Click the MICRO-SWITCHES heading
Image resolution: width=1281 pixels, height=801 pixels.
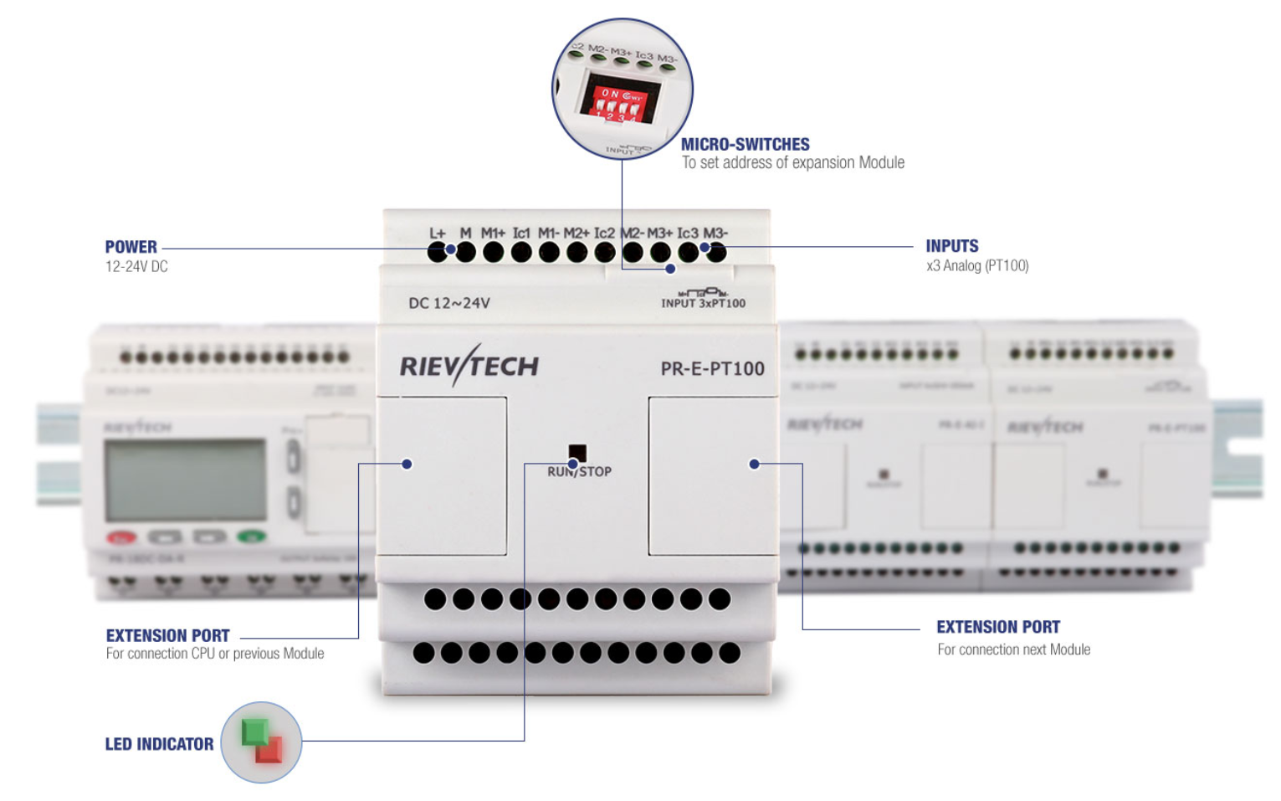point(745,145)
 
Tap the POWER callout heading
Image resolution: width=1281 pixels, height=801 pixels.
point(131,247)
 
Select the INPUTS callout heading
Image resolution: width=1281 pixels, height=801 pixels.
point(951,246)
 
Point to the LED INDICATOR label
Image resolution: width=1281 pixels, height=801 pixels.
point(159,744)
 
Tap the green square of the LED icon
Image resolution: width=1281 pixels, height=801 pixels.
point(254,731)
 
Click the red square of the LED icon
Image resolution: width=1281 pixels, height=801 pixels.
point(269,749)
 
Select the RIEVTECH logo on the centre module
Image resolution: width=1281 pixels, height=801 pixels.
point(469,366)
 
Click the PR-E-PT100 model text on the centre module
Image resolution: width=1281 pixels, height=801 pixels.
point(712,368)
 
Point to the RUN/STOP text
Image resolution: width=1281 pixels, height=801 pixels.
point(579,472)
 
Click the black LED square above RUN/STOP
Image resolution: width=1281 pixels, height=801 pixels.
point(577,453)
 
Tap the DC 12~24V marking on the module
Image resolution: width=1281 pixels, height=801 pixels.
point(448,303)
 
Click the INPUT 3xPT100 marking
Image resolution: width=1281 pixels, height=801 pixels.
point(703,303)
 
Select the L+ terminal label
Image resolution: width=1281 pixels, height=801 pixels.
point(438,234)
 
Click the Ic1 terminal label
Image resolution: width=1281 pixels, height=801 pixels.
point(521,233)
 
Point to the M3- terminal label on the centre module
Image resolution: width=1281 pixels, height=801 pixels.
point(715,233)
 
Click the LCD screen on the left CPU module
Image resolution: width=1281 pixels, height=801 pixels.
point(185,480)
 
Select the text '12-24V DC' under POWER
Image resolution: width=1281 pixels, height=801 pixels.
point(136,267)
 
